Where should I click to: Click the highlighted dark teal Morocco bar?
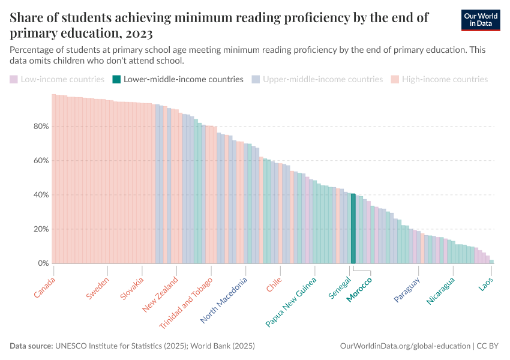tap(353, 229)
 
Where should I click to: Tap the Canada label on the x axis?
tap(44, 287)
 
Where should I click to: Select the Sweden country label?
tap(97, 289)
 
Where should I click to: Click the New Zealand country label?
tap(160, 295)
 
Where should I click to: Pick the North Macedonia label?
tap(223, 301)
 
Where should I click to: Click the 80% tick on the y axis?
tap(41, 127)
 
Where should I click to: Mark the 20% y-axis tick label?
tap(41, 229)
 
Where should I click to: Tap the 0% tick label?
tap(43, 263)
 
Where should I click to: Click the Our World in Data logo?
tap(481, 19)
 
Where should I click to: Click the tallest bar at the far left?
tap(54, 179)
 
